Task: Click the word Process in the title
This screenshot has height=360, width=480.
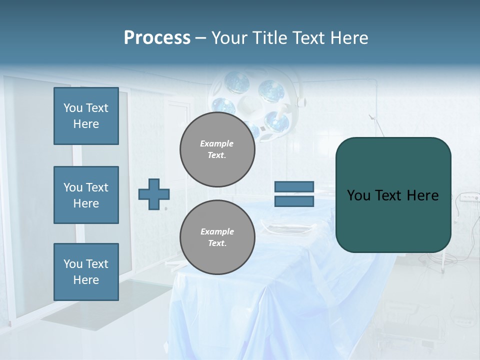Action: tap(157, 37)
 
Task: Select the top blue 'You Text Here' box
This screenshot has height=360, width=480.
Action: tap(86, 116)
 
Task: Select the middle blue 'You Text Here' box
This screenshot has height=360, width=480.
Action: tap(86, 195)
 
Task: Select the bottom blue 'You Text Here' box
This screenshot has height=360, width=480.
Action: tap(86, 272)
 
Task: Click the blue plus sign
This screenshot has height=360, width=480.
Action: tap(153, 194)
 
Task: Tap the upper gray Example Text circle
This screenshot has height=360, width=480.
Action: tap(217, 149)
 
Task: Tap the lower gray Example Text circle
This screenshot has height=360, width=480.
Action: tap(217, 237)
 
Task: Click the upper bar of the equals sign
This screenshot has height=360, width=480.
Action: tap(294, 187)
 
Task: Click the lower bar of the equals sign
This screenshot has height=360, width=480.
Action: tap(294, 201)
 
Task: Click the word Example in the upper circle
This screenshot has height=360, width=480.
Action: tap(217, 143)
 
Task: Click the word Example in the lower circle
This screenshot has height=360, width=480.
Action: tap(217, 231)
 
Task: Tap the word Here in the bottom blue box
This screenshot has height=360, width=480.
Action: tap(86, 280)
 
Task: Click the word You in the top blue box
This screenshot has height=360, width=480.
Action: tap(73, 108)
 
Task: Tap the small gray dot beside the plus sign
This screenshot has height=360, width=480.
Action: tap(166, 208)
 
